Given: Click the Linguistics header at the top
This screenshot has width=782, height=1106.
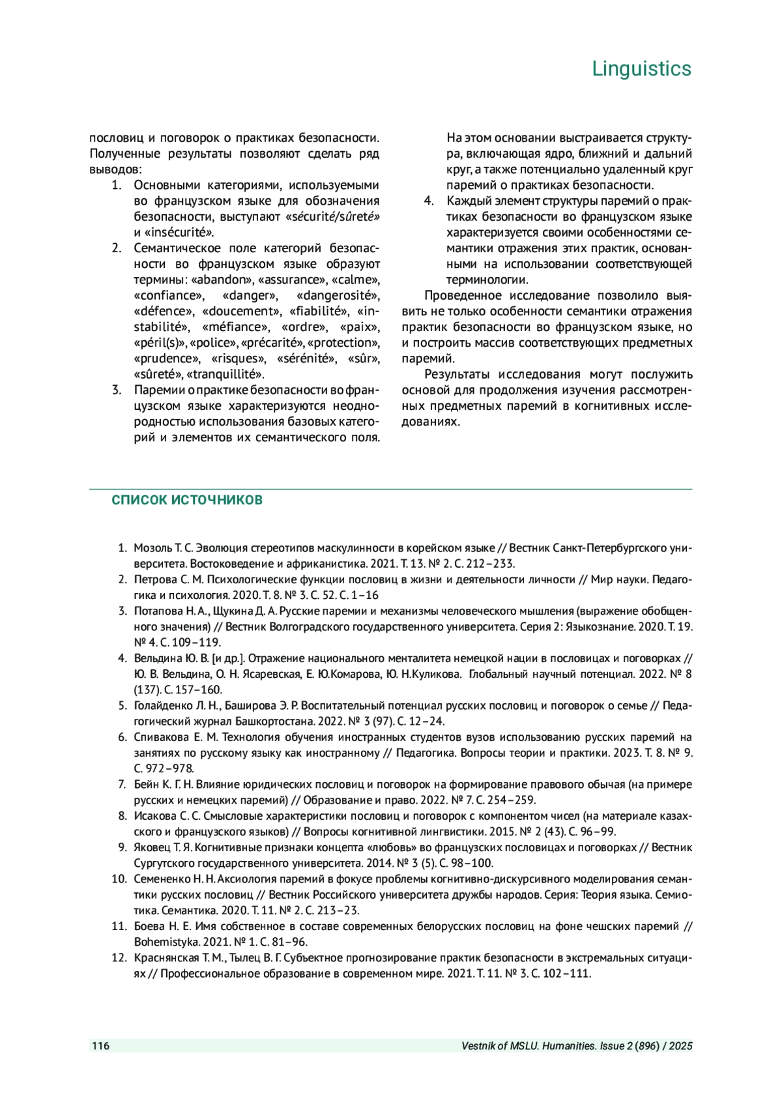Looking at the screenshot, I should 641,68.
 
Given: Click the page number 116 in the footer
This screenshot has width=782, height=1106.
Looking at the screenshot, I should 100,1046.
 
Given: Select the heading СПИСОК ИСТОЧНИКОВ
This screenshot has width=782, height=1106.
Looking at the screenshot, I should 187,500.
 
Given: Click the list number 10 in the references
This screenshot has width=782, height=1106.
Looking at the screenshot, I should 119,879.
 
